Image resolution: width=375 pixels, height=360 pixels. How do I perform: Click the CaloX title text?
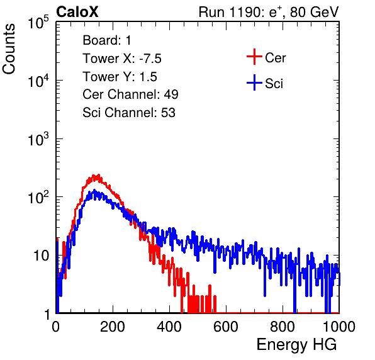click(x=77, y=12)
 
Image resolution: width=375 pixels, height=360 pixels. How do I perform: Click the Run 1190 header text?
click(x=269, y=12)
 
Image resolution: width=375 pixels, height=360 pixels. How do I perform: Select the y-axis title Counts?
click(x=9, y=49)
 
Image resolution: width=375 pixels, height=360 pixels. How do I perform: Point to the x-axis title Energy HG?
click(x=296, y=345)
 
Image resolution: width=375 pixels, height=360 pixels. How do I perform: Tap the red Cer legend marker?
click(x=254, y=57)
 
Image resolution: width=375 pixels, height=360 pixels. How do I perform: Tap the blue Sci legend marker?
click(x=254, y=82)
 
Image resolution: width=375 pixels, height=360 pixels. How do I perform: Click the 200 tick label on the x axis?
click(x=113, y=327)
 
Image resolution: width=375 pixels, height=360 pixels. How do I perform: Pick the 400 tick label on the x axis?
click(x=169, y=327)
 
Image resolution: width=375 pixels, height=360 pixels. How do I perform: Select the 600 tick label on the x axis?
click(x=226, y=327)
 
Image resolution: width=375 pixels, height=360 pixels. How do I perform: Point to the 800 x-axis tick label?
click(x=283, y=327)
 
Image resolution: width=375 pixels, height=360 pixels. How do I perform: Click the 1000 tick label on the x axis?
click(x=339, y=327)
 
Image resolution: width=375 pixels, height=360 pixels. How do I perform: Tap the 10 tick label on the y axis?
click(x=41, y=256)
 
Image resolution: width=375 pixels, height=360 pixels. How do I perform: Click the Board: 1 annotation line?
click(x=107, y=40)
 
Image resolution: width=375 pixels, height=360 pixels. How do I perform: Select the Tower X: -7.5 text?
click(x=122, y=59)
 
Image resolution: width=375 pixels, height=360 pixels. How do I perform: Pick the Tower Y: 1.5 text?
click(x=120, y=77)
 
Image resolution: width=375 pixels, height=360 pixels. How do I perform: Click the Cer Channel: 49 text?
click(x=130, y=94)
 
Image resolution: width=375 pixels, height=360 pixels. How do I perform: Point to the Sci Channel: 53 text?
click(x=129, y=113)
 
